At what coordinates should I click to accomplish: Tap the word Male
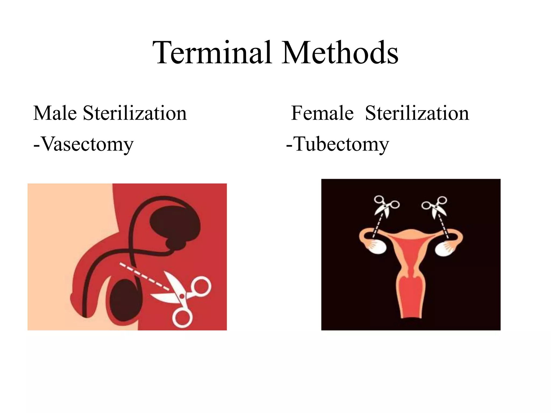pos(55,113)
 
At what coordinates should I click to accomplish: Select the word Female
pos(322,113)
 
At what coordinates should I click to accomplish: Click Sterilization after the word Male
pos(135,113)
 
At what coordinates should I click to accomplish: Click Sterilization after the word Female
pos(417,113)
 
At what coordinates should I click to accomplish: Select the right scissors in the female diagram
pos(435,206)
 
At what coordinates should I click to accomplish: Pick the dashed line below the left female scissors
pos(377,226)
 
